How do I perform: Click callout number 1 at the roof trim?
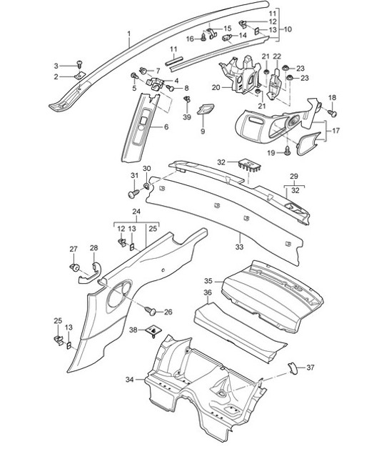point(128,34)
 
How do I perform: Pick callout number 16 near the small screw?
point(191,39)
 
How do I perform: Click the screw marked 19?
point(288,150)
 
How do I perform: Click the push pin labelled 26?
point(152,310)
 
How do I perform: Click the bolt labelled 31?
point(132,193)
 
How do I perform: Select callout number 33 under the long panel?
point(239,247)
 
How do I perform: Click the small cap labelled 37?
point(292,367)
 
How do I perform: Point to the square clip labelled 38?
point(152,330)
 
